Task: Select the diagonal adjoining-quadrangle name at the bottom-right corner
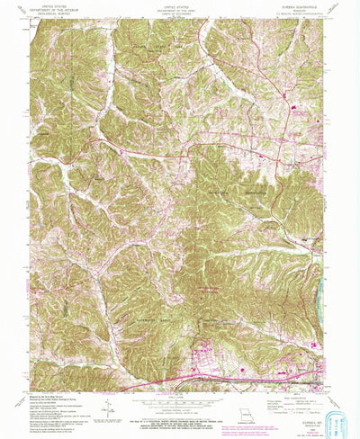330,381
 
